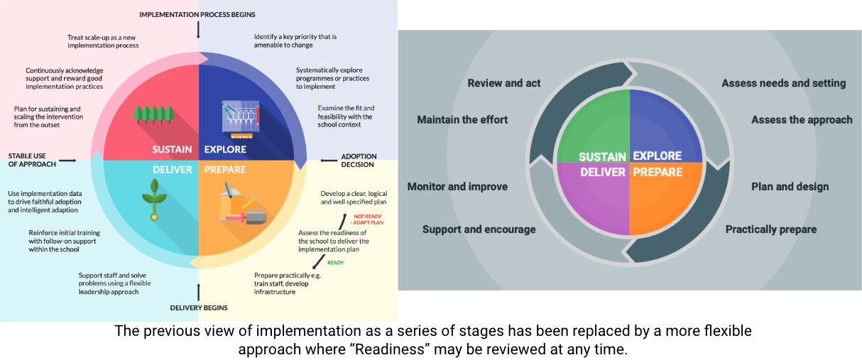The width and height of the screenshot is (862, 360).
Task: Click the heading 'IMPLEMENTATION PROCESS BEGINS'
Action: (x=197, y=14)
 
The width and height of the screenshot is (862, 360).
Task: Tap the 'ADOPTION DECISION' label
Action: (x=359, y=160)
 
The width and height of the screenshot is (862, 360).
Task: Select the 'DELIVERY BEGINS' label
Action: (x=199, y=307)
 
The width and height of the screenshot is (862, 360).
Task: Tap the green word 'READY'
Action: (x=336, y=263)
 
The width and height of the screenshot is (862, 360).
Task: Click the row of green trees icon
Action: (x=154, y=114)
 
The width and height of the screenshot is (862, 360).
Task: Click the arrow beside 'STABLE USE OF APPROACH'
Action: (x=68, y=161)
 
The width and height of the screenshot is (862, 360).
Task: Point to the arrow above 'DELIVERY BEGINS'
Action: (x=199, y=291)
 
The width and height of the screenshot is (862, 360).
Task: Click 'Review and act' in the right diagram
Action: (x=504, y=83)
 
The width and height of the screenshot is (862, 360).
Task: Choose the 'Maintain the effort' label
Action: (x=462, y=119)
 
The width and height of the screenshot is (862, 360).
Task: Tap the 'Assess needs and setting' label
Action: (x=783, y=83)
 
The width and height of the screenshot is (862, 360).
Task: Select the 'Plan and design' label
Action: (x=790, y=187)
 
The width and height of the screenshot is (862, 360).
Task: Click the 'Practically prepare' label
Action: (x=770, y=229)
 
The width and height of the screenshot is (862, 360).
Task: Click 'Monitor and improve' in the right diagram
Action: (x=457, y=187)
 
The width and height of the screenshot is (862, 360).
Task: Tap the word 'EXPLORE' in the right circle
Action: (x=657, y=156)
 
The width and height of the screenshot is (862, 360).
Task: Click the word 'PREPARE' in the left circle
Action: (x=225, y=170)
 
